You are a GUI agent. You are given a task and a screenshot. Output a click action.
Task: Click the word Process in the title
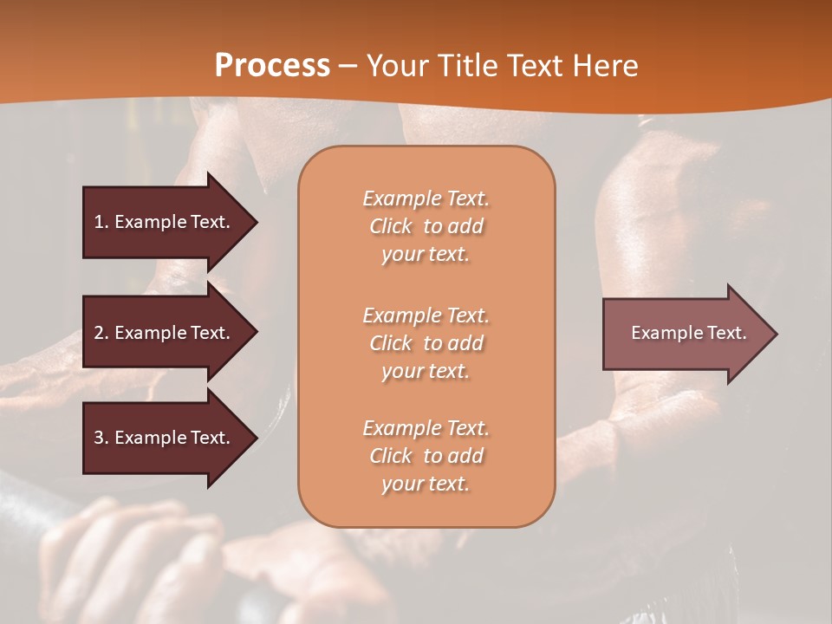(x=272, y=66)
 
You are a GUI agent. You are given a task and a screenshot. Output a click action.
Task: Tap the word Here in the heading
(x=604, y=66)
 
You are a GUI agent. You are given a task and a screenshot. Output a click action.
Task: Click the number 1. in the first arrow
(x=101, y=222)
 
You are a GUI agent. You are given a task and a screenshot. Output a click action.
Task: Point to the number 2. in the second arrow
(x=101, y=333)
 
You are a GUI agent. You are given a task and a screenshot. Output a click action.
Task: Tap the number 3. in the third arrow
(x=101, y=438)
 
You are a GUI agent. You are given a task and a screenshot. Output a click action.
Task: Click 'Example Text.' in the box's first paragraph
(x=426, y=198)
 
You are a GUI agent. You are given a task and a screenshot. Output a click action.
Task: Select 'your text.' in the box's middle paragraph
(x=426, y=371)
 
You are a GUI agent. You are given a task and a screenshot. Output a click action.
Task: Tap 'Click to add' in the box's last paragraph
(x=426, y=456)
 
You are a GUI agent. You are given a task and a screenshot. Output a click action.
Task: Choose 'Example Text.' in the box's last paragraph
(x=426, y=428)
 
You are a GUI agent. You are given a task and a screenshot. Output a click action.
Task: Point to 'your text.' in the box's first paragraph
(x=426, y=255)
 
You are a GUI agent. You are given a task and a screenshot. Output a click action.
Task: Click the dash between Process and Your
(x=348, y=66)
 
